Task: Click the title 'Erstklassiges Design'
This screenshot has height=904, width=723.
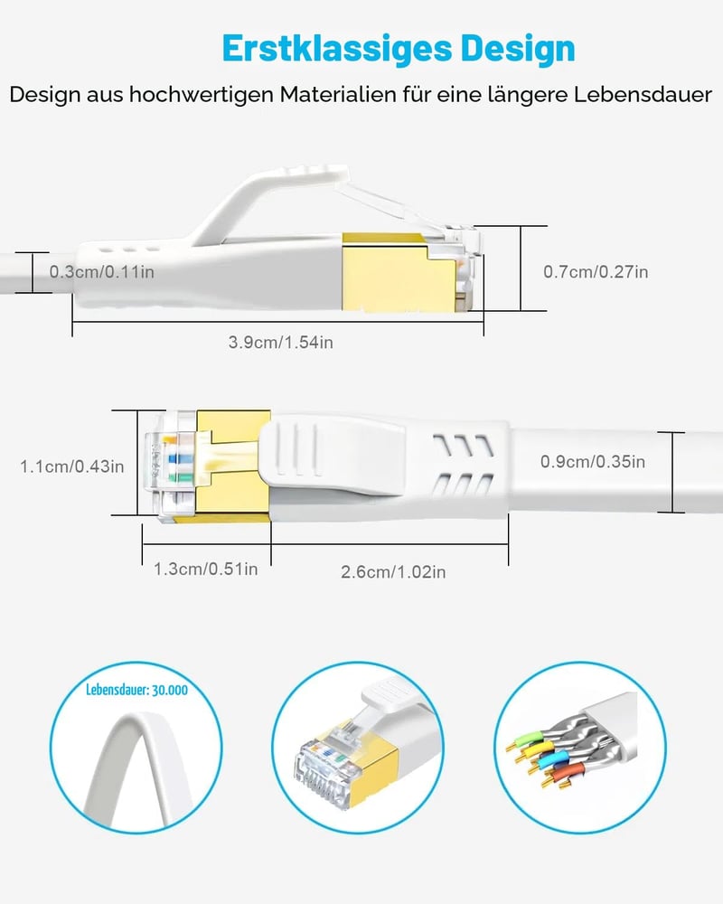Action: pyautogui.click(x=399, y=50)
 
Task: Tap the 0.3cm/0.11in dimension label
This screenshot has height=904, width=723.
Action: pyautogui.click(x=101, y=271)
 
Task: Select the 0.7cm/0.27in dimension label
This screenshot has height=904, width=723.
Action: pyautogui.click(x=596, y=271)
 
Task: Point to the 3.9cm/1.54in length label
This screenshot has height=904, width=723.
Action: pyautogui.click(x=281, y=343)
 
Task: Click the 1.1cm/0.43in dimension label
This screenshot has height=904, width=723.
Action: pyautogui.click(x=72, y=466)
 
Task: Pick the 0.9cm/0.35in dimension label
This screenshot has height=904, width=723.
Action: pyautogui.click(x=593, y=461)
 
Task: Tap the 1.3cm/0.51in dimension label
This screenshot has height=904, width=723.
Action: pyautogui.click(x=206, y=569)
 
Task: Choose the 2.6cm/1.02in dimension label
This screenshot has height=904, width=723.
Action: pyautogui.click(x=393, y=572)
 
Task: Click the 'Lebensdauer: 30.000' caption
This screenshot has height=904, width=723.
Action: pyautogui.click(x=136, y=690)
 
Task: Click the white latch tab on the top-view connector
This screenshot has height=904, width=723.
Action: pyautogui.click(x=332, y=456)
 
